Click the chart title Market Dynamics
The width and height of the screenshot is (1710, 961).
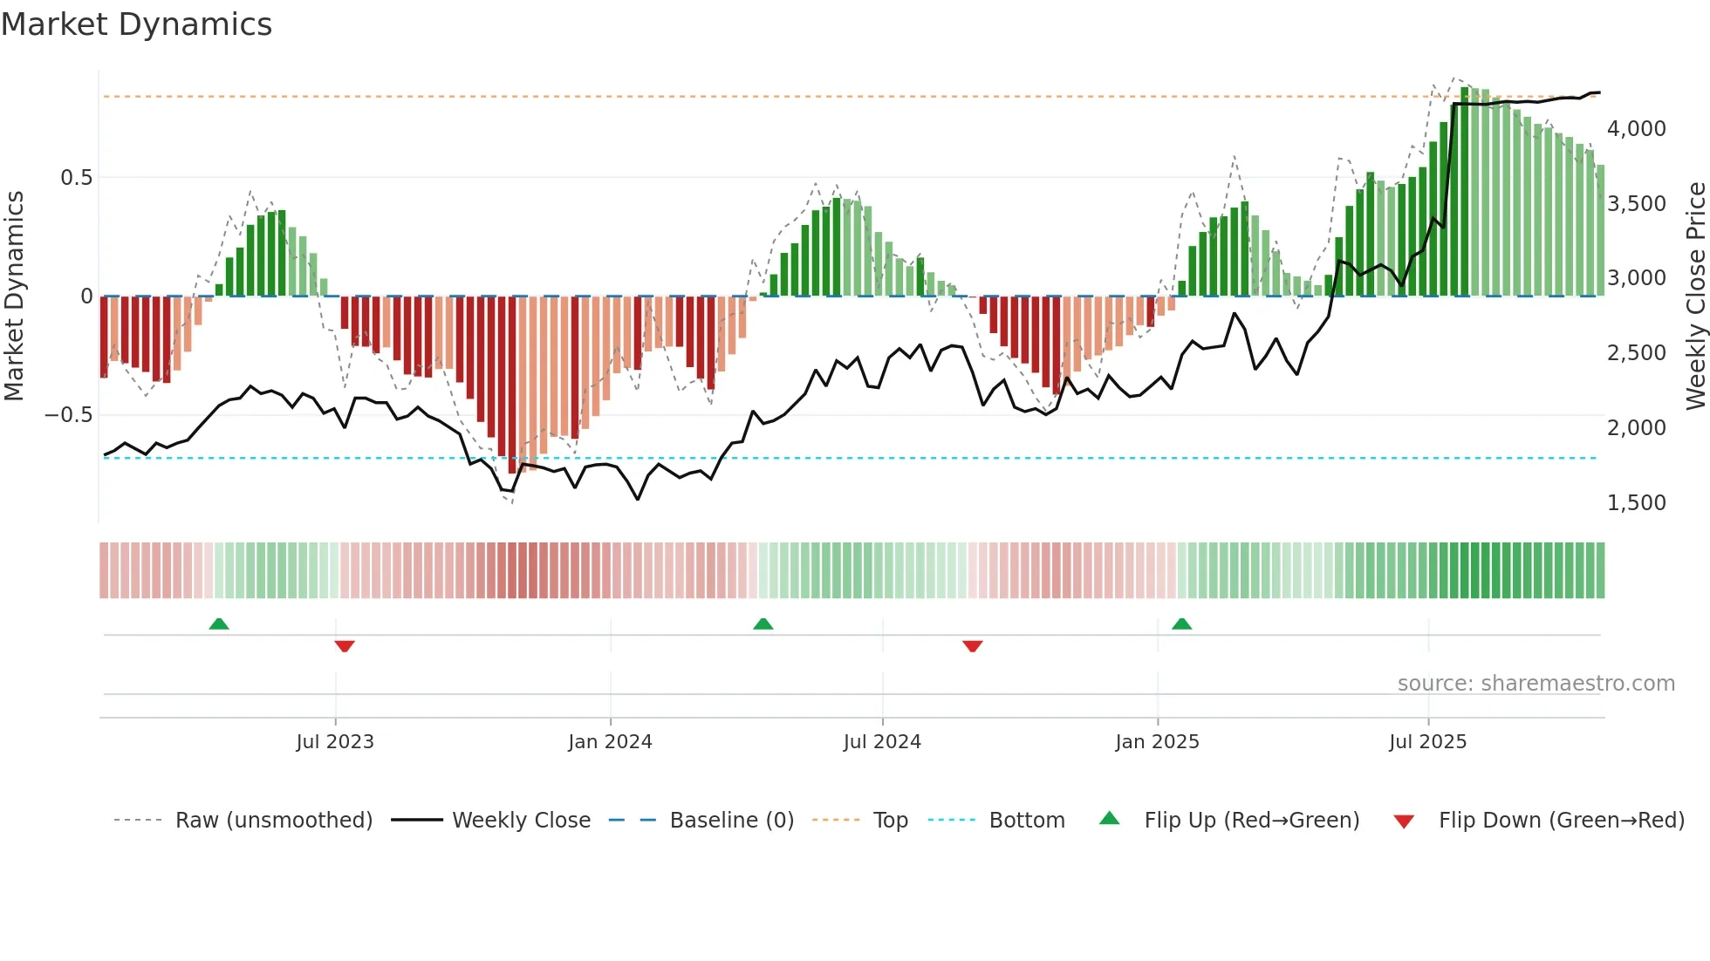[x=136, y=24]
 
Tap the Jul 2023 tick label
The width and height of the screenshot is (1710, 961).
[x=335, y=742]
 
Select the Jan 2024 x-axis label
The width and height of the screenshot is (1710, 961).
[x=610, y=742]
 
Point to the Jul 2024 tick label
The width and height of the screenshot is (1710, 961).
[x=882, y=742]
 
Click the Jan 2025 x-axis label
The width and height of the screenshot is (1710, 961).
[x=1157, y=742]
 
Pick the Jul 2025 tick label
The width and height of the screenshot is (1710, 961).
[x=1428, y=742]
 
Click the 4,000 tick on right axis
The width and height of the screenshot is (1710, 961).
[x=1636, y=129]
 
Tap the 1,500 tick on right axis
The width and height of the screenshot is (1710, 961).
[x=1636, y=503]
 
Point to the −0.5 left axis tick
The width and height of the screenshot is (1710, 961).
[x=68, y=415]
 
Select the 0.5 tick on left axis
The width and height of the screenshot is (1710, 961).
[x=76, y=178]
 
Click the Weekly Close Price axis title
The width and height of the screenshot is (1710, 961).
[x=1695, y=296]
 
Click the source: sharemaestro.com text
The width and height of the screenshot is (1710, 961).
[x=1536, y=684]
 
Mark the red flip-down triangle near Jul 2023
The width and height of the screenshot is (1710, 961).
[x=345, y=645]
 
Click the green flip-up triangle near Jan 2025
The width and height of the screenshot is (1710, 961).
[x=1181, y=624]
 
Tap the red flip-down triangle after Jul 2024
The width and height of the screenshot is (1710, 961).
[x=973, y=645]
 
